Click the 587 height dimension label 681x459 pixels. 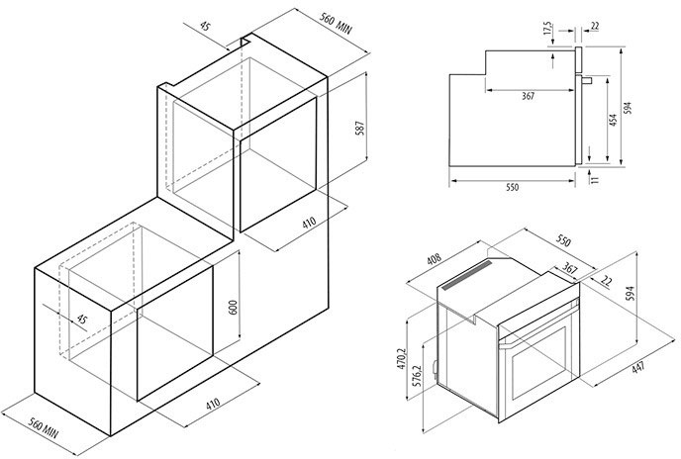coord(360,129)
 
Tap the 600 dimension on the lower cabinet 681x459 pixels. coord(234,308)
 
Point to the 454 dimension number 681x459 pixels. coord(613,120)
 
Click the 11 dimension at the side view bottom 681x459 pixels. coord(595,179)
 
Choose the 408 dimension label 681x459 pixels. coord(434,259)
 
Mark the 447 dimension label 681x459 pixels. coord(638,368)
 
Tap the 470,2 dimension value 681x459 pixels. coord(401,359)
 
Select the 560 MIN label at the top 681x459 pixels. coord(336,24)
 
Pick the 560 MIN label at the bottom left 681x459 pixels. coord(43,427)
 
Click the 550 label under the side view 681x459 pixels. coord(513,187)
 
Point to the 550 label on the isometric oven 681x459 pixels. coord(563,241)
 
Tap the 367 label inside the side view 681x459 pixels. coord(528,96)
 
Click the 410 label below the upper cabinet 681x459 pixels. coord(309,223)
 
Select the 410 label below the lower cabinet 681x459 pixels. coord(213,405)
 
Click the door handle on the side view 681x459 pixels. coord(587,80)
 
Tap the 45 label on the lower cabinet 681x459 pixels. coord(81,320)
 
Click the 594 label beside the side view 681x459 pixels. coord(628,108)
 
